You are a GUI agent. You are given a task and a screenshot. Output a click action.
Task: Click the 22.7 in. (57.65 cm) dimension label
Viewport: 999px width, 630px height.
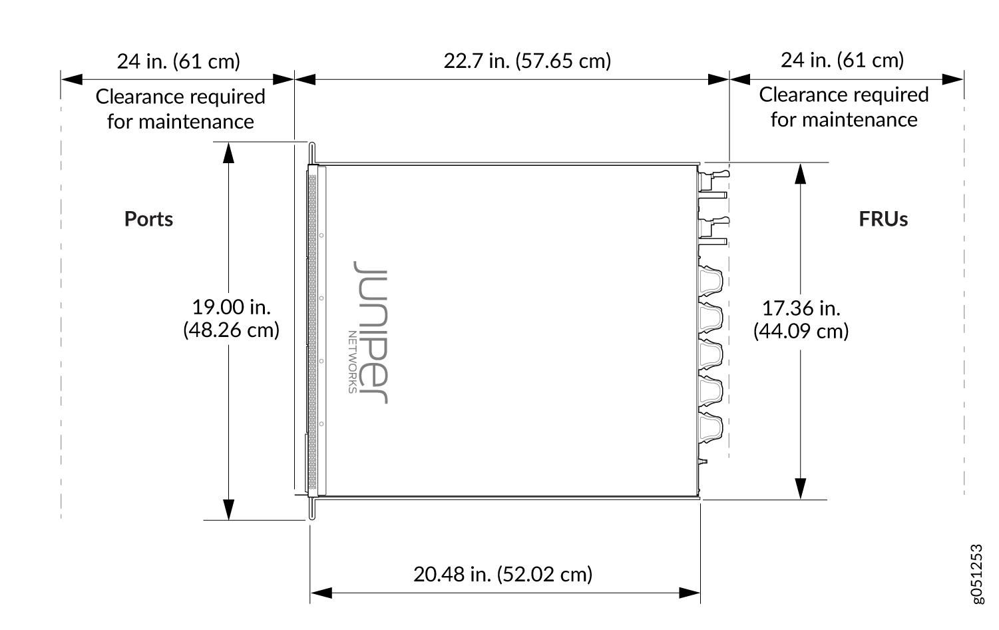point(527,61)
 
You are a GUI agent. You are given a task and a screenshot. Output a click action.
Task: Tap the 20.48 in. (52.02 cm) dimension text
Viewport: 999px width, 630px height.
point(502,574)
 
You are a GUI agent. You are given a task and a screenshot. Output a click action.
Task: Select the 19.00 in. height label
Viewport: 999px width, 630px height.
point(231,307)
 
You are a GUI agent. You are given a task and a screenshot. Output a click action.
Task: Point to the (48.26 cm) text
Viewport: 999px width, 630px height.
point(231,330)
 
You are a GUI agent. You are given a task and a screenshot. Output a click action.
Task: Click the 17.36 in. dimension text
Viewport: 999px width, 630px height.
point(801,308)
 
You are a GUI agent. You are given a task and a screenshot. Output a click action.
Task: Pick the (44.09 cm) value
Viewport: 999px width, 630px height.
point(801,332)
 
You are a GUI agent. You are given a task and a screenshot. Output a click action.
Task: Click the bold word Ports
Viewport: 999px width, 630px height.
point(148,219)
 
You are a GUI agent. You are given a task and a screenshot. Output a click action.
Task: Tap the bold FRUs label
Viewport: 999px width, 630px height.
point(883,219)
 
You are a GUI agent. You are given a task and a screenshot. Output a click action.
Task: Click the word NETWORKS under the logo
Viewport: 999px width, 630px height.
point(352,362)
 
